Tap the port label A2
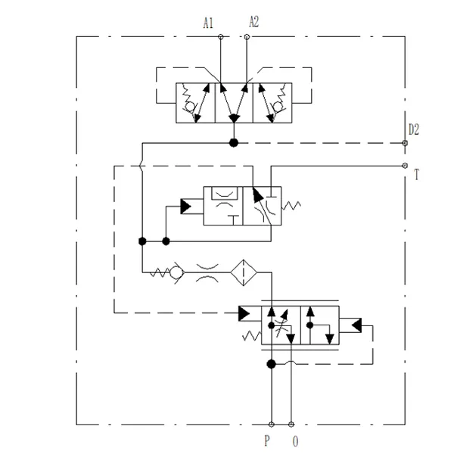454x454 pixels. pos(253,22)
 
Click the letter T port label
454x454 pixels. pos(416,175)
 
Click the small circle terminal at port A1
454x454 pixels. pos(220,36)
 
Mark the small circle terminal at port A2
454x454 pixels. pos(247,36)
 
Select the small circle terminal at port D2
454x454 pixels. pos(405,143)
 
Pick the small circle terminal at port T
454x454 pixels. pos(405,166)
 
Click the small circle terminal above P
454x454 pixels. pos(272,424)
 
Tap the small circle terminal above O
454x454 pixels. pos(292,424)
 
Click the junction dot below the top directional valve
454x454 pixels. pos(233,143)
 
